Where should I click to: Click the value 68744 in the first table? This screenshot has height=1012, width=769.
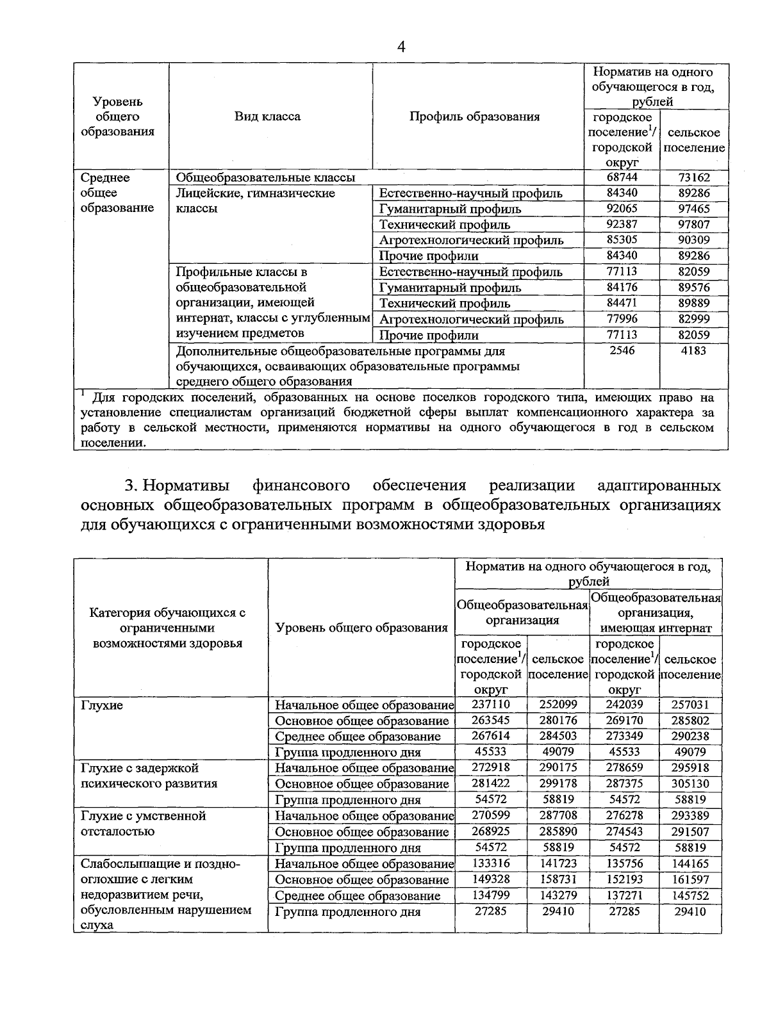click(621, 177)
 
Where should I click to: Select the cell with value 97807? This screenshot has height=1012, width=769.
click(694, 224)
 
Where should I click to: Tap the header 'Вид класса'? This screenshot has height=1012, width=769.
click(267, 117)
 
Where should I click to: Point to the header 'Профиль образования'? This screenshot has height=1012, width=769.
click(474, 117)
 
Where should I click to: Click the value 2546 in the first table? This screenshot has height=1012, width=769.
click(621, 350)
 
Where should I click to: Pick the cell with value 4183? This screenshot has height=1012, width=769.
click(694, 350)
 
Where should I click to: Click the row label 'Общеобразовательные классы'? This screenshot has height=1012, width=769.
click(265, 177)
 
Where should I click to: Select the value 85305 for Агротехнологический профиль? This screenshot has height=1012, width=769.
click(621, 240)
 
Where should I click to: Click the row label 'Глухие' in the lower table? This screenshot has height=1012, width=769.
click(102, 705)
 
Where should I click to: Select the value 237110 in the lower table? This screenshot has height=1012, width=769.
click(490, 705)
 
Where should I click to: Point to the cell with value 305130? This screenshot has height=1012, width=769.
click(690, 783)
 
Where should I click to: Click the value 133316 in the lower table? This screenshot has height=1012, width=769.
click(490, 863)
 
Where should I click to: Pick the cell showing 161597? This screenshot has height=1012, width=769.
click(690, 879)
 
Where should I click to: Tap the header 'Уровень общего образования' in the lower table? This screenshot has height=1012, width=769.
click(361, 628)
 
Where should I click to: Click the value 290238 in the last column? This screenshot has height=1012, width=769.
click(690, 736)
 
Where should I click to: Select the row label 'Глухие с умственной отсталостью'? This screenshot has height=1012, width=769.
click(144, 824)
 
